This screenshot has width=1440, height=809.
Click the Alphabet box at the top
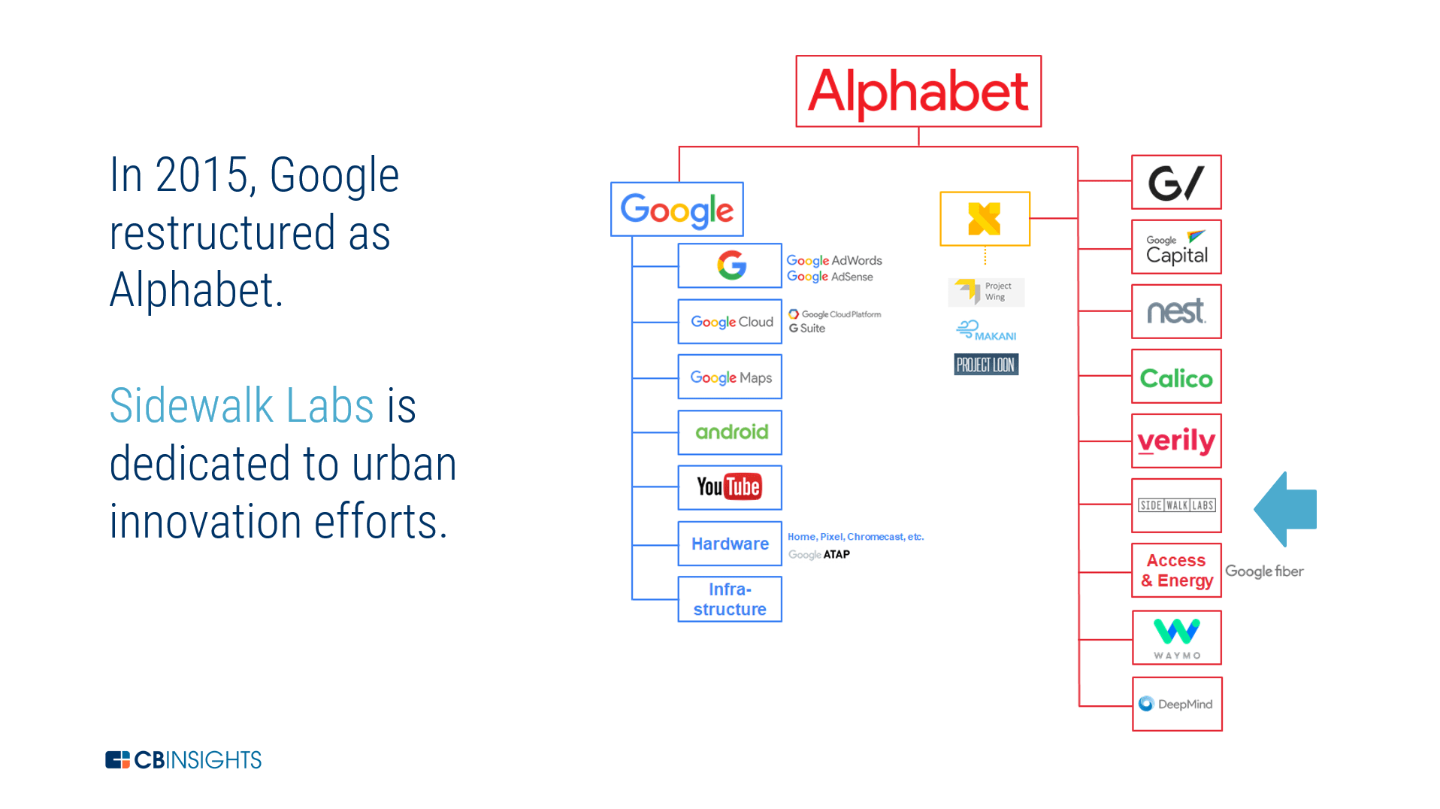(918, 91)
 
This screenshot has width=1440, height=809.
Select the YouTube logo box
(730, 487)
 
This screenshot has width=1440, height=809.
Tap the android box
(730, 432)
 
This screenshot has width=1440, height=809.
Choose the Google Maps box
(730, 377)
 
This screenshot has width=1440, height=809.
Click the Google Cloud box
(730, 322)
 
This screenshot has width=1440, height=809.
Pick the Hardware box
(730, 544)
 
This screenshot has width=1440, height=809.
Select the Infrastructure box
(730, 599)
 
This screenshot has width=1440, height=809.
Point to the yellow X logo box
(985, 219)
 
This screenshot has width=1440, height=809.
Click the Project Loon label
(986, 365)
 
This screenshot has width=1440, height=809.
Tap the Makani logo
(986, 330)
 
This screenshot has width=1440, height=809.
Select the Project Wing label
(986, 292)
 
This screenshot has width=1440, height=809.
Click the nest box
(1176, 311)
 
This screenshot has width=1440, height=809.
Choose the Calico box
(1176, 377)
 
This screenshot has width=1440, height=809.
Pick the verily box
(1176, 441)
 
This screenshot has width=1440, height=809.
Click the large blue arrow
(1287, 509)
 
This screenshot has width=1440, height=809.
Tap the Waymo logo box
(1177, 638)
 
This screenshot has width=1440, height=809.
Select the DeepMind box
(1177, 704)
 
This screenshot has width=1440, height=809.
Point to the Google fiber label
(1264, 571)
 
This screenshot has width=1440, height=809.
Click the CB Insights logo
(183, 760)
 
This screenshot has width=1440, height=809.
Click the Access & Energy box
(1176, 571)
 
